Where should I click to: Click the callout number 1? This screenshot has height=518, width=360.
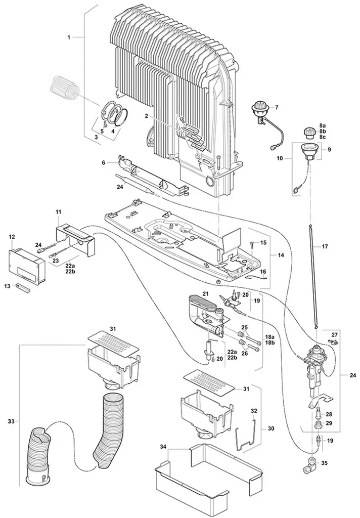click(x=69, y=37)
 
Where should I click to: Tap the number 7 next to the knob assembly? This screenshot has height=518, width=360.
click(x=277, y=107)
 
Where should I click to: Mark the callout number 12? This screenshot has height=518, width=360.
click(x=12, y=236)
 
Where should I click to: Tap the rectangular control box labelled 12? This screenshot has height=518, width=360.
click(x=27, y=261)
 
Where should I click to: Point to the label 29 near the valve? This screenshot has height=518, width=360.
click(x=329, y=423)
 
